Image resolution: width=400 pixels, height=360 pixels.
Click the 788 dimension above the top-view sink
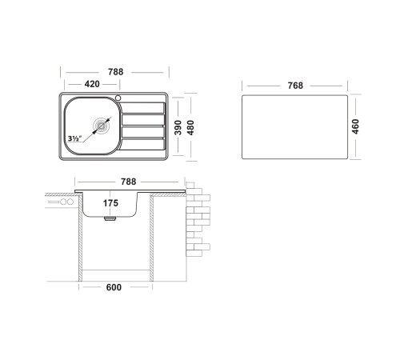(x=115, y=72)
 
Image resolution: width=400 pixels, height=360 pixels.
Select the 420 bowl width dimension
(x=92, y=84)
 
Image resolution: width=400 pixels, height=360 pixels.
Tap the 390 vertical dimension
(x=178, y=127)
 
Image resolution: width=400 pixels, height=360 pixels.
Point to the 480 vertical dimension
(x=190, y=127)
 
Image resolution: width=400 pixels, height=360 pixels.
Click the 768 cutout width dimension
(x=295, y=86)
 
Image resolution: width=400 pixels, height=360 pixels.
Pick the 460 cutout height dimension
(x=355, y=126)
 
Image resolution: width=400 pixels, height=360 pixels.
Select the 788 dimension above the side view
(x=129, y=182)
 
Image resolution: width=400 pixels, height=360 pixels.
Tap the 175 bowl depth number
(x=110, y=203)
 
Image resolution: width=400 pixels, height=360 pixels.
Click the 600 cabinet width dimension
(x=114, y=287)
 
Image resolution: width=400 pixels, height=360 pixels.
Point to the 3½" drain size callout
(x=74, y=138)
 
